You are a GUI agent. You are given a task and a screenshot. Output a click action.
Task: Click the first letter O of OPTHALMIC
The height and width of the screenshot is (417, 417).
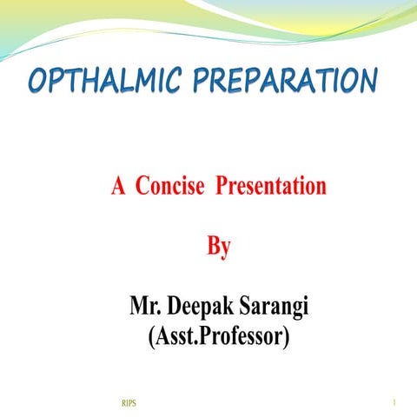click(38, 84)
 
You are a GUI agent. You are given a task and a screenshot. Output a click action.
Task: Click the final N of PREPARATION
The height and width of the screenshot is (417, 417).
click(367, 84)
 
